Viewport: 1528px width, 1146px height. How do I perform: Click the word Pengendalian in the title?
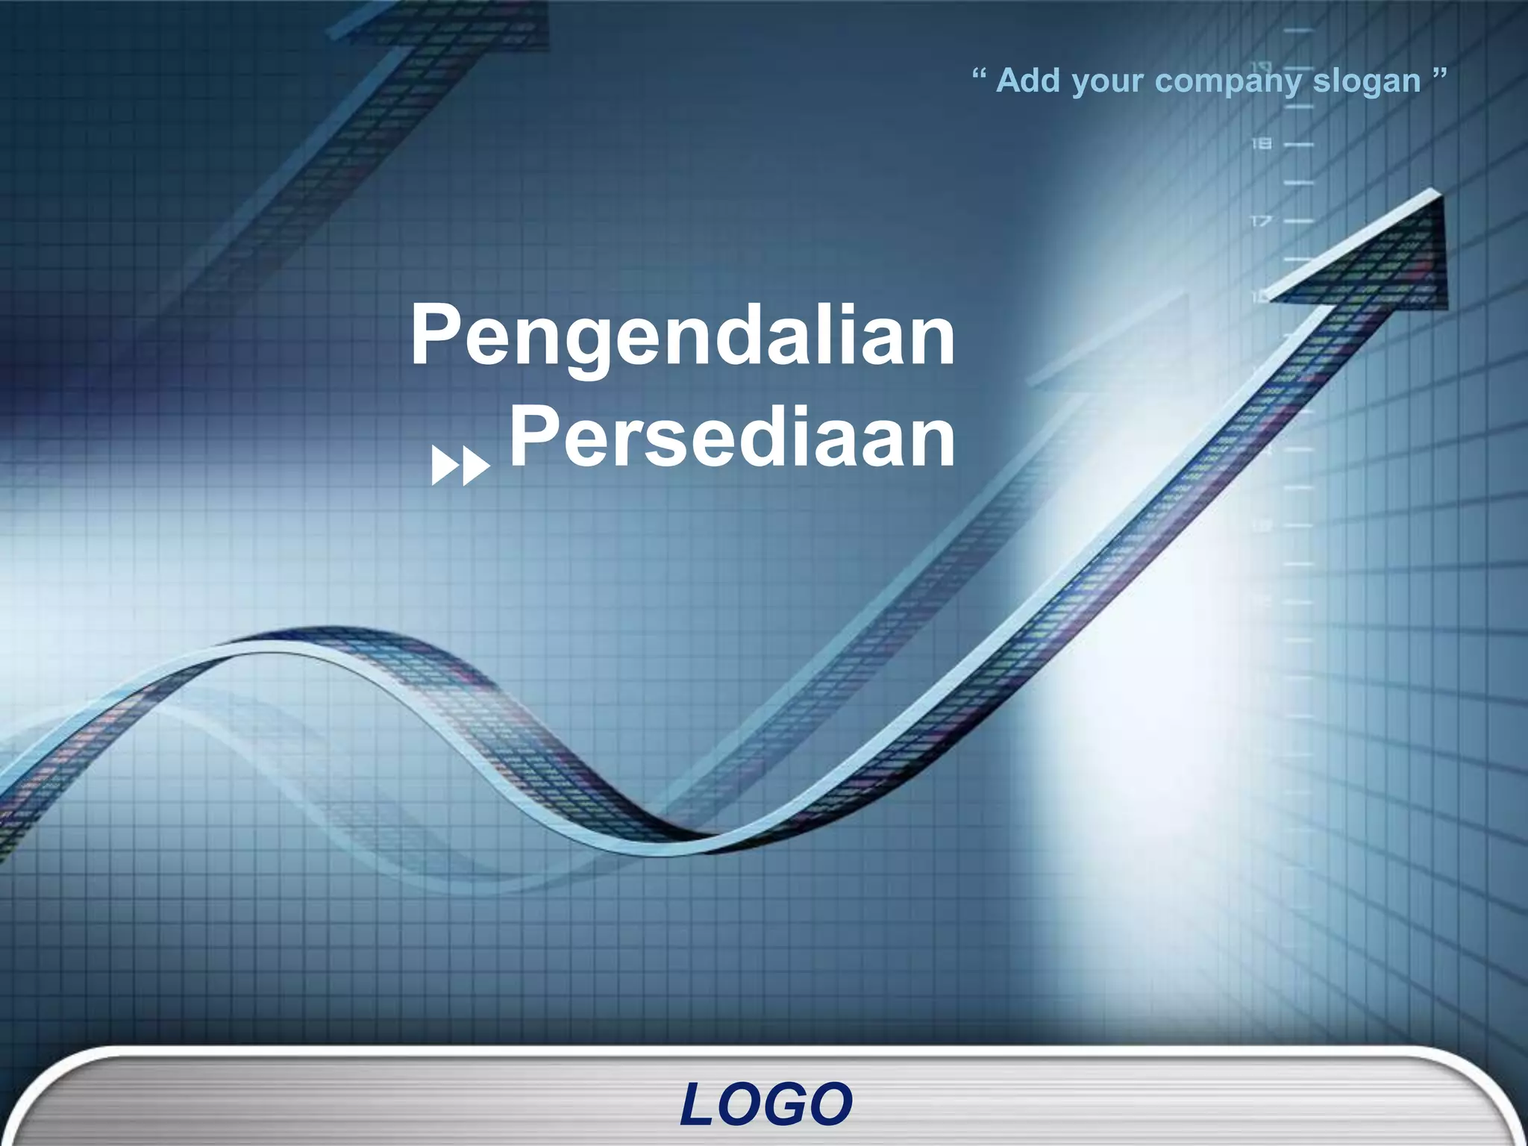click(x=683, y=336)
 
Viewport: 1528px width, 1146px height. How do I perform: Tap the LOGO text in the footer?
click(x=765, y=1105)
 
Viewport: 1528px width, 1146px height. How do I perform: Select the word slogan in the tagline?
click(x=1366, y=81)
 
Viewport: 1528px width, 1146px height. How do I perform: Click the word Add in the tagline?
click(x=1028, y=80)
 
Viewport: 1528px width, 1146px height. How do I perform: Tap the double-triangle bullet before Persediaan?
click(x=460, y=467)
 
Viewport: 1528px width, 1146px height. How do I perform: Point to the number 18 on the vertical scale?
click(x=1261, y=143)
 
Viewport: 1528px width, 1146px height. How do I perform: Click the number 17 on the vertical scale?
click(x=1261, y=221)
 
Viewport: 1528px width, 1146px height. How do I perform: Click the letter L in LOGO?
click(x=698, y=1105)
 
